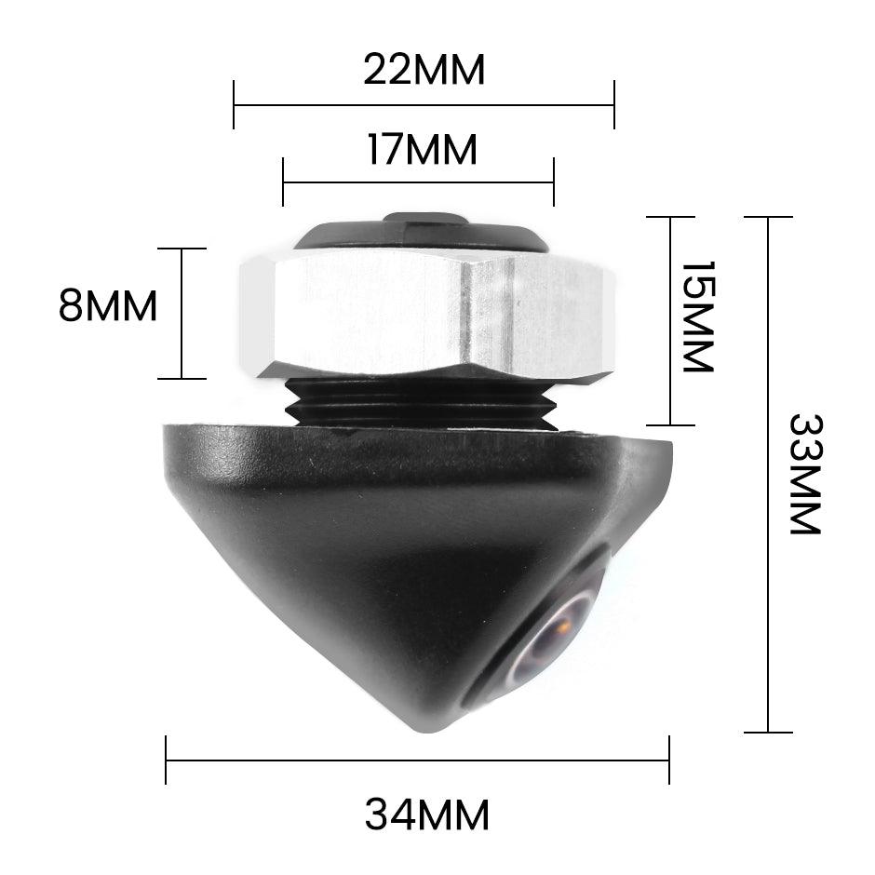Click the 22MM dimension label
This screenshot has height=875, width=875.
tap(424, 70)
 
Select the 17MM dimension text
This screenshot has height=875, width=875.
tap(422, 150)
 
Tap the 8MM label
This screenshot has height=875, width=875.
tap(108, 305)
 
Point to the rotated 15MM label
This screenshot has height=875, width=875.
tap(697, 316)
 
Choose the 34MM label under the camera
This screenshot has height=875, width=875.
tap(426, 815)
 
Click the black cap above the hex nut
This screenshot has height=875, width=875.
tap(422, 233)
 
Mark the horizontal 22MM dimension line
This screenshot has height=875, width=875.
tap(424, 105)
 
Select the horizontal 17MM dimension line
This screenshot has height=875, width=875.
tap(418, 182)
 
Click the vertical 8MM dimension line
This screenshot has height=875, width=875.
tap(182, 314)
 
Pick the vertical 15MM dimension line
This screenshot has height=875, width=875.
tap(671, 321)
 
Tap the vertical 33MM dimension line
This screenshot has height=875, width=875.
tap(768, 475)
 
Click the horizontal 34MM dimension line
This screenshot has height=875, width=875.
tap(417, 761)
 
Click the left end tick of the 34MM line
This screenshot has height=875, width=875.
tap(166, 761)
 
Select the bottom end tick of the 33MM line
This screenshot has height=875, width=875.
tap(768, 733)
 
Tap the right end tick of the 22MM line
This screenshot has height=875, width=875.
tap(614, 105)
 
